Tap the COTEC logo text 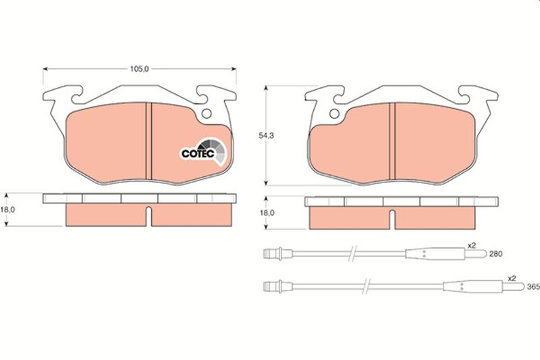click(197, 153)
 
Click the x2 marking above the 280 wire click(472, 246)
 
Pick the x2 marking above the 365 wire click(512, 278)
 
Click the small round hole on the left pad click(208, 113)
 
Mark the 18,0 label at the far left click(7, 211)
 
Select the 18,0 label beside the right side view click(268, 212)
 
